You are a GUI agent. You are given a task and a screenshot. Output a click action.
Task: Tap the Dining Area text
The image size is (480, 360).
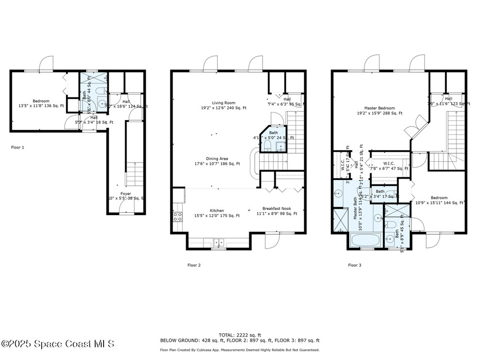(x=217, y=161)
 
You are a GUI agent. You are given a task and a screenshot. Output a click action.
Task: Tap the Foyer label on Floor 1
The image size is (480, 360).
(x=126, y=194)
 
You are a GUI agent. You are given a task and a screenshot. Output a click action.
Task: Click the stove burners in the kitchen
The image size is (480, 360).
(x=178, y=217)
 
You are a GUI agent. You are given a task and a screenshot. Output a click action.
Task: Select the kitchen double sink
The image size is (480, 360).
(x=219, y=242)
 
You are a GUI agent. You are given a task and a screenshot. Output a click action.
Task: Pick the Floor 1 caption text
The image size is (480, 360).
(x=17, y=147)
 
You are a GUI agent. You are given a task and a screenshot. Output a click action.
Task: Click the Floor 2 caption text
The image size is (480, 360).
(x=194, y=265)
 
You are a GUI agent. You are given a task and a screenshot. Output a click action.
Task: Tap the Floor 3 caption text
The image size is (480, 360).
(x=354, y=265)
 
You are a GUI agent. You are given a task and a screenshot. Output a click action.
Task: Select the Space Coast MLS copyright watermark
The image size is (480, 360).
(x=57, y=344)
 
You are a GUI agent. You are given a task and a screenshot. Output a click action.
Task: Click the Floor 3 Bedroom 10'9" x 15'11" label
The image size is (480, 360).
(x=439, y=201)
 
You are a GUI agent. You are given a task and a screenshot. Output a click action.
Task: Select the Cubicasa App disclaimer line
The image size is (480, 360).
(x=240, y=350)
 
